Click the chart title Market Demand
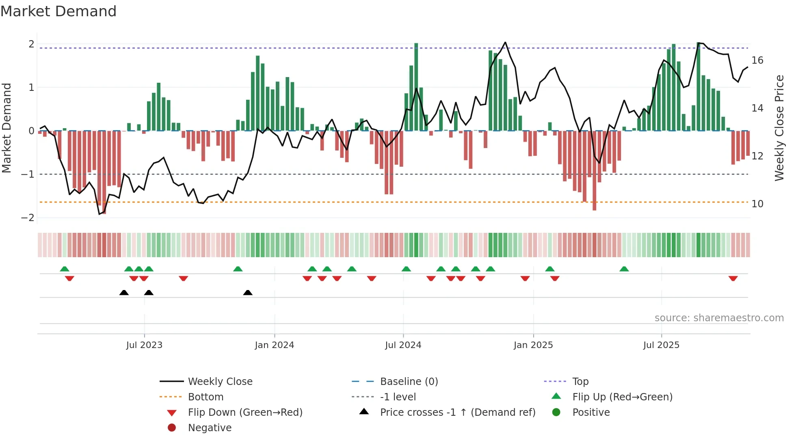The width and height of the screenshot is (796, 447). coord(58,11)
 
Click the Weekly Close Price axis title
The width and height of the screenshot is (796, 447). coord(779,128)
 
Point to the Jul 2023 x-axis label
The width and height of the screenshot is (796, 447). coord(144,345)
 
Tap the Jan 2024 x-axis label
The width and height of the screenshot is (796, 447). coord(274,345)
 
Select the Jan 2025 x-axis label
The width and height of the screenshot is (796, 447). coord(533,345)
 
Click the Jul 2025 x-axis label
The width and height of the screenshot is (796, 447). coord(661,345)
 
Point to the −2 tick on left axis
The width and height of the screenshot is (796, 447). coord(28,218)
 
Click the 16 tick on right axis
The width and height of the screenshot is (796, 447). coord(757,60)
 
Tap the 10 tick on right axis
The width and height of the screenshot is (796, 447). coord(757,204)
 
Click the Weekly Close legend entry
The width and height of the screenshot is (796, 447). coord(220,382)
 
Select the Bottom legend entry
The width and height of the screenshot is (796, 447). coord(205,397)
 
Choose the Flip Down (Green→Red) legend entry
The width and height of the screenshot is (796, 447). coord(245,413)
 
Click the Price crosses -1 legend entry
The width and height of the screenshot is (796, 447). coord(457,413)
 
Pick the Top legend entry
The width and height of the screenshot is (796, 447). coord(580,382)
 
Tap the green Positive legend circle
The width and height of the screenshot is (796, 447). coord(556,413)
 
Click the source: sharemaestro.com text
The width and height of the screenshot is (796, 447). coord(719,318)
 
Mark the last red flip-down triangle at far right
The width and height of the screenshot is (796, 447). coord(733,278)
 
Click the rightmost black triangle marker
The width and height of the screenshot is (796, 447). coord(248,292)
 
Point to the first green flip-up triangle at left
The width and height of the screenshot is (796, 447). coord(65,269)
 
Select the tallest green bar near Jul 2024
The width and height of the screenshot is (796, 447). coord(416,87)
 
